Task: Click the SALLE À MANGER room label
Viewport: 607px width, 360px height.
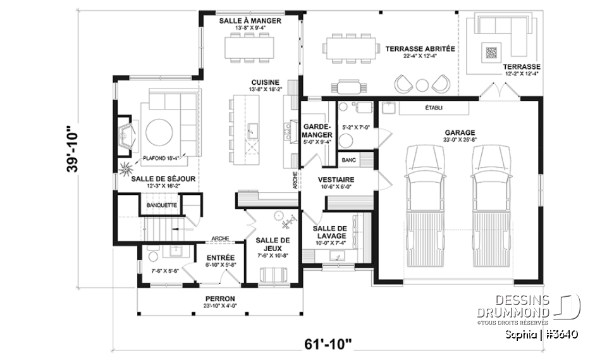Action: (250, 21)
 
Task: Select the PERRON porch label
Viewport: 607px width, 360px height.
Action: (220, 299)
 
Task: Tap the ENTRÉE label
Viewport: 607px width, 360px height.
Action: (221, 258)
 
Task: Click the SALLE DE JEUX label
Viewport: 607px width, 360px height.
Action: (273, 244)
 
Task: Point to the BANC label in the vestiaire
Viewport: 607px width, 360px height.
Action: (349, 161)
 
